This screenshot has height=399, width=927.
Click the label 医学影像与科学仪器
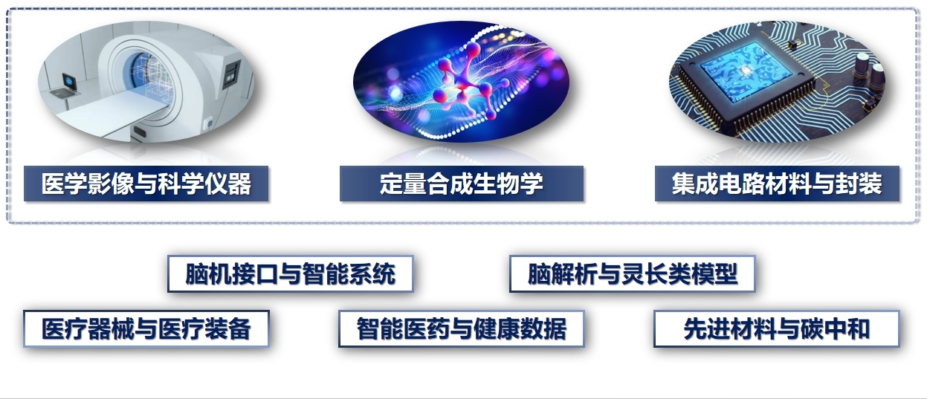(146, 184)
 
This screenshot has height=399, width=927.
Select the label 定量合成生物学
(462, 184)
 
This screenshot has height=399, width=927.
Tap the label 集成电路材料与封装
(777, 184)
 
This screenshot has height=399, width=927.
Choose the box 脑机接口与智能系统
(291, 273)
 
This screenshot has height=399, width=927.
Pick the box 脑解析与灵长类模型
(633, 273)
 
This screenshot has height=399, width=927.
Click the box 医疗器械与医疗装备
(146, 328)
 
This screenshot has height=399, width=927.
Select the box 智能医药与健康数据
(462, 328)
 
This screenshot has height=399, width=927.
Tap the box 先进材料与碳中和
(777, 328)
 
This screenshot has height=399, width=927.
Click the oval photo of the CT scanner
(146, 82)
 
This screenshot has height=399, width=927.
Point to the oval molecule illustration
(461, 82)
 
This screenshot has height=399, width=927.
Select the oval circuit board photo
(777, 82)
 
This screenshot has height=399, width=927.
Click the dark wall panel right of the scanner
(231, 74)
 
